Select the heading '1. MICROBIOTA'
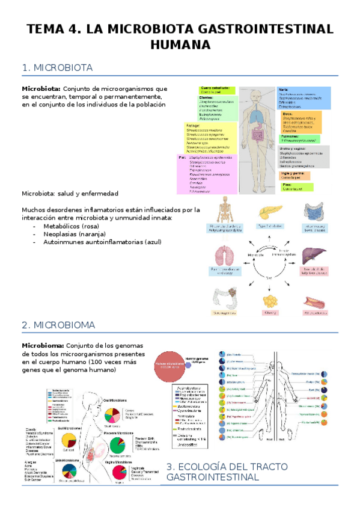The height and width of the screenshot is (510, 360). tap(57, 68)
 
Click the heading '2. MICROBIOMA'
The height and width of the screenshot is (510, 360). tap(58, 325)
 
